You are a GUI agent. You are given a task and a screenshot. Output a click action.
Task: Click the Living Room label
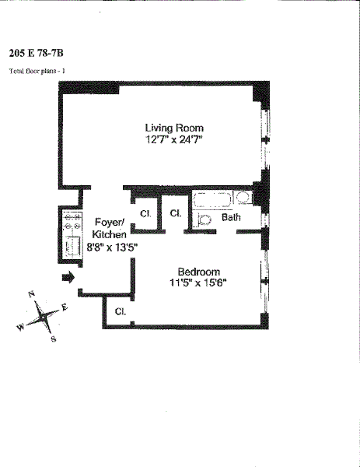click(x=174, y=128)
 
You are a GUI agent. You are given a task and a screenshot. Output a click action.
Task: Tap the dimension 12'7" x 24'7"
click(x=174, y=139)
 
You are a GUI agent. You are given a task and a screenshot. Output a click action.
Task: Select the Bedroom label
click(x=199, y=272)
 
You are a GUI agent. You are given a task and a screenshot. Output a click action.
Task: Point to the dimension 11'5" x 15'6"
click(x=198, y=283)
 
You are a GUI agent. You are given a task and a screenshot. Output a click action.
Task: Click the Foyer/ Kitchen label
click(x=109, y=228)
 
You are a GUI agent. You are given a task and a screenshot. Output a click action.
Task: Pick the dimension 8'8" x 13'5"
click(x=112, y=247)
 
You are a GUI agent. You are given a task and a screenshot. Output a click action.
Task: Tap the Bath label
click(x=231, y=217)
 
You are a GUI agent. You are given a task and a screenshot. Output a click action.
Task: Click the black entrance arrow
click(x=68, y=278)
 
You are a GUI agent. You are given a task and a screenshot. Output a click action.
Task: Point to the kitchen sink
click(x=73, y=245)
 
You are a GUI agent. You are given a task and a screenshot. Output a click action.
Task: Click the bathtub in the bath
click(x=213, y=200)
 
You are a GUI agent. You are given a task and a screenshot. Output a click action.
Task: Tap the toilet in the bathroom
click(x=203, y=220)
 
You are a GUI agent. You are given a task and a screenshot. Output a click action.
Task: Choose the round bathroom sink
click(x=243, y=198)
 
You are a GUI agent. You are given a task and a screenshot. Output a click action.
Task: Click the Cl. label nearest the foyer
click(x=145, y=214)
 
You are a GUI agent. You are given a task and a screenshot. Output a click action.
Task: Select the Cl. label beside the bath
click(x=176, y=213)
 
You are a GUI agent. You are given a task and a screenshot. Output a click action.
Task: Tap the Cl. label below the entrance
click(x=121, y=311)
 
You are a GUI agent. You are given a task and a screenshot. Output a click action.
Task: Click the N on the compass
click(x=32, y=294)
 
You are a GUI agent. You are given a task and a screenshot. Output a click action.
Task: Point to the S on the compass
click(x=54, y=339)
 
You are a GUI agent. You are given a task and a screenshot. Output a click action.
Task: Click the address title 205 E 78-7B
click(x=37, y=53)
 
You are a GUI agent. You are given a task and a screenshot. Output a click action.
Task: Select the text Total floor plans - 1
click(x=37, y=71)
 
